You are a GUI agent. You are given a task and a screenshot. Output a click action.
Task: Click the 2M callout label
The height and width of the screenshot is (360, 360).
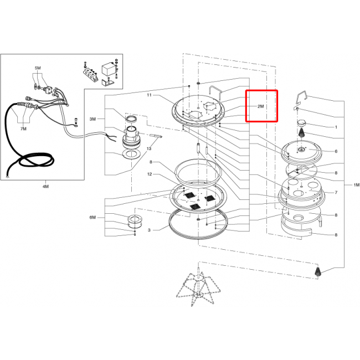[x=261, y=106]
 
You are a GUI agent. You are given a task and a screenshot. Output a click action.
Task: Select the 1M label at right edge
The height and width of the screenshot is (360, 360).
[x=356, y=185]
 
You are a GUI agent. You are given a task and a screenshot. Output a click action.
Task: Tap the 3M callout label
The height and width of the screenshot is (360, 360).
[x=92, y=119]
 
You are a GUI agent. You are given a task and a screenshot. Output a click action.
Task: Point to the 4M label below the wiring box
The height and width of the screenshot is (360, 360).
[x=45, y=187]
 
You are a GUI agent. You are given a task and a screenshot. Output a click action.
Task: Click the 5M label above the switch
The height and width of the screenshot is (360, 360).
[x=38, y=68]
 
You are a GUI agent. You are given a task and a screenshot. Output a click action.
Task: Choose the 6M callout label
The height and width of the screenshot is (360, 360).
[x=92, y=217]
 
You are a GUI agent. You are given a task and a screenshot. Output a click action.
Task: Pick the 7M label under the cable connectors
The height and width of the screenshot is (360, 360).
[x=23, y=129]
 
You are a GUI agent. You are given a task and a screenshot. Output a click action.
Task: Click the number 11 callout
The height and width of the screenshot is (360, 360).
[x=149, y=95]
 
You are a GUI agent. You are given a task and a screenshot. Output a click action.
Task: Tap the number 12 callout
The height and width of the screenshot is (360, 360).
[x=150, y=174]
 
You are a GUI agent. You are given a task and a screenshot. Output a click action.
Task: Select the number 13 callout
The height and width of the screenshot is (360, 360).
[x=149, y=148]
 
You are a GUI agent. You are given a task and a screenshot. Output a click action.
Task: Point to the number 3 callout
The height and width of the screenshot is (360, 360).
[x=149, y=230]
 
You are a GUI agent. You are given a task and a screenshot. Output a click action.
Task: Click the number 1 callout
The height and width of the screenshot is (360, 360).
[x=336, y=127]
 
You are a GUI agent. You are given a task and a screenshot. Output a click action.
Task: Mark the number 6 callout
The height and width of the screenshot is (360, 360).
[x=336, y=151]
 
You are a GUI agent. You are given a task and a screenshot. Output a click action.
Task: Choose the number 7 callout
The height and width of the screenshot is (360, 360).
[x=336, y=192]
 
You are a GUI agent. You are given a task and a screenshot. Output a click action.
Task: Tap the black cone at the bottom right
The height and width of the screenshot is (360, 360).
[x=318, y=271]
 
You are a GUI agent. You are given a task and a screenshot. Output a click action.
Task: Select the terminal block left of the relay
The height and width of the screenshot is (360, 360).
[x=90, y=73]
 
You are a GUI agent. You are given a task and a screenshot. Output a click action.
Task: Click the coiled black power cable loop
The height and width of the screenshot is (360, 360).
[x=35, y=160]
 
